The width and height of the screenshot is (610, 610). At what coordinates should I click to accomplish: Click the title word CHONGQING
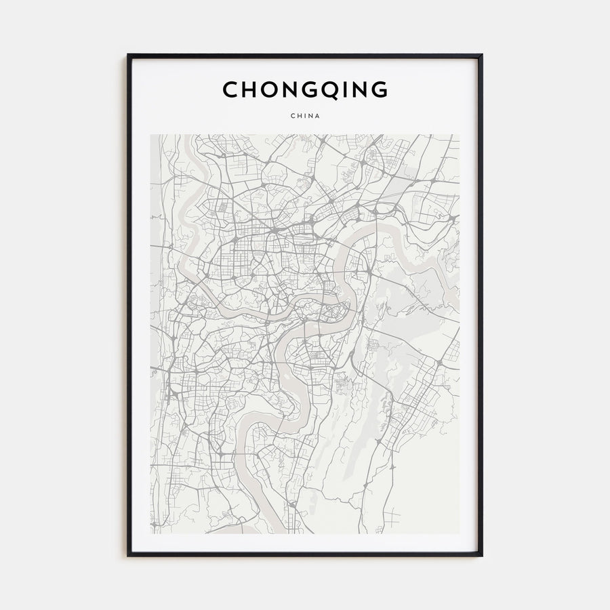coord(305,89)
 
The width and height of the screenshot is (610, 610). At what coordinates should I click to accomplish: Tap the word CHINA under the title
coord(305,116)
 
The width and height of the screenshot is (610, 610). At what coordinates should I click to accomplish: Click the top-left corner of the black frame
coord(128,55)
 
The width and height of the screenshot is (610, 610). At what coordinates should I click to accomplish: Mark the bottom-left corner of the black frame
coord(128,556)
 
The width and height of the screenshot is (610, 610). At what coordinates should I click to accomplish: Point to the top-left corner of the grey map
coord(150,134)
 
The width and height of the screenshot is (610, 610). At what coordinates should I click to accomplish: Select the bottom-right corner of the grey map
coord(460,533)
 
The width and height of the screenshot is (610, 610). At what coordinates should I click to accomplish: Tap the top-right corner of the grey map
coord(460,134)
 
